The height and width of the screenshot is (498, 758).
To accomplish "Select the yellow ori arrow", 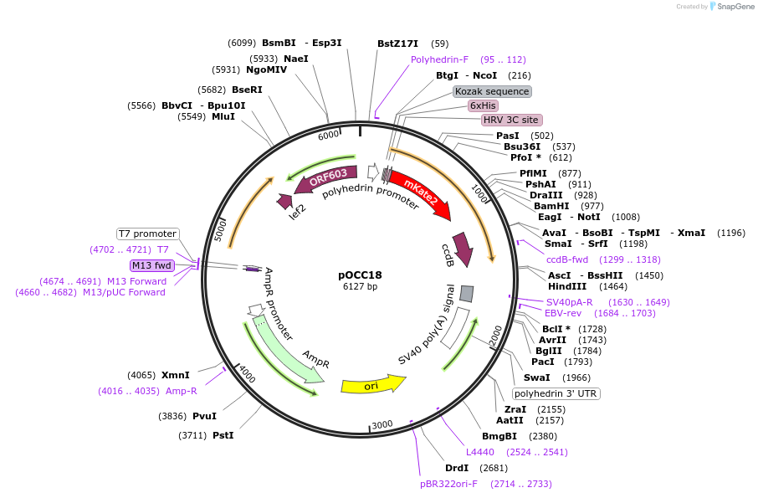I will (x=372, y=385).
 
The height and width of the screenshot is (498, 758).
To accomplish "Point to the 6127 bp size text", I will (x=361, y=286).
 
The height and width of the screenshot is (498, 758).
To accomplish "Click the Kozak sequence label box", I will (x=492, y=91).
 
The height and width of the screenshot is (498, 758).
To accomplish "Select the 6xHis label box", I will (x=483, y=105).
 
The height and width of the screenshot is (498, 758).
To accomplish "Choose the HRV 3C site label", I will (x=510, y=120).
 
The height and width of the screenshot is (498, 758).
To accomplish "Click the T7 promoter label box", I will (x=147, y=234).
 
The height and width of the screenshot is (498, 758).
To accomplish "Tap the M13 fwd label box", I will (x=151, y=265).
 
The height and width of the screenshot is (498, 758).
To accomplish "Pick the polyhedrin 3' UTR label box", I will (x=556, y=393).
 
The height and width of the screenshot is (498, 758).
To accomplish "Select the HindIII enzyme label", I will (x=567, y=286).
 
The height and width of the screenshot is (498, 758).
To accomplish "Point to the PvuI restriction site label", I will (x=204, y=416).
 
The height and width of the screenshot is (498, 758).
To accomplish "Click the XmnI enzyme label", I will (x=176, y=375).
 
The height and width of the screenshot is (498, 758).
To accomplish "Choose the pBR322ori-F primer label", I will (x=448, y=484).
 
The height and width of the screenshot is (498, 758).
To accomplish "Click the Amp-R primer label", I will (x=181, y=391).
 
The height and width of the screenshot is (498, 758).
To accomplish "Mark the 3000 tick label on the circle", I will (x=382, y=425).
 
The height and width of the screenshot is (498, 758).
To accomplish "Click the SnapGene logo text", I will (x=734, y=7).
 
